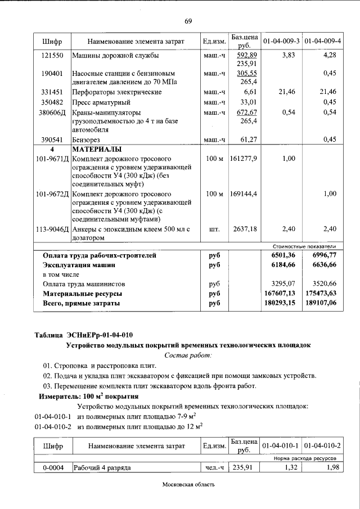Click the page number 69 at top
188,21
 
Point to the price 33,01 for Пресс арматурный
248,102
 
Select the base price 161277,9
244,159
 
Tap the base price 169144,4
244,194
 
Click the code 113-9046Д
52,229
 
